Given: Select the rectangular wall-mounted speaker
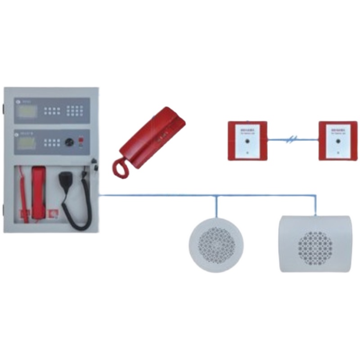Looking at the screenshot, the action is coord(314,243).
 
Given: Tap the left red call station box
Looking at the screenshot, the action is coord(247,140).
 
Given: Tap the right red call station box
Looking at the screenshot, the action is coord(337,140).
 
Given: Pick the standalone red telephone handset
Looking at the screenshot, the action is coord(151,135).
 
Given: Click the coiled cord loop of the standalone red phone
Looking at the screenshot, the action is coord(121,167).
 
